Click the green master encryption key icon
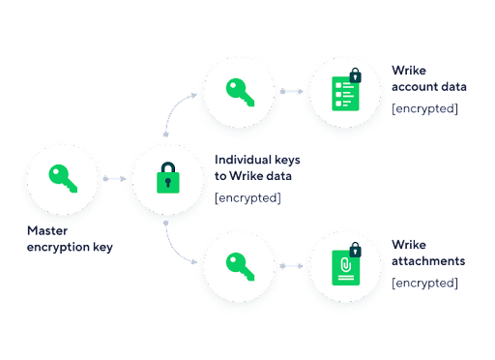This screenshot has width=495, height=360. tap(63, 178)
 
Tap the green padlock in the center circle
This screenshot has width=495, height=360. tap(168, 178)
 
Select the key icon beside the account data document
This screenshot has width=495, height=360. tap(240, 92)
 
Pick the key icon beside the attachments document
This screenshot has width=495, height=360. tap(240, 266)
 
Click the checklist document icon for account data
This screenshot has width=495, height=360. tap(345, 93)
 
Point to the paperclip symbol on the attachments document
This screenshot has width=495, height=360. tap(346, 265)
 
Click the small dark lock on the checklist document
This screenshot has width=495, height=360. tap(356, 75)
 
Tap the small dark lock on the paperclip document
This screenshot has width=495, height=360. tap(356, 250)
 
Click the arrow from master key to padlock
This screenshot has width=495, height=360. tap(114, 179)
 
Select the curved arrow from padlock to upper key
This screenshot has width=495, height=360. tap(174, 109)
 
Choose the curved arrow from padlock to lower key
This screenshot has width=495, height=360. tap(174, 247)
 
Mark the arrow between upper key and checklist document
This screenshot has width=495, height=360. tap(291, 92)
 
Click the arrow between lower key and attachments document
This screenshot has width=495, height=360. tap(291, 266)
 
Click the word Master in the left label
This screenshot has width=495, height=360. tap(47, 230)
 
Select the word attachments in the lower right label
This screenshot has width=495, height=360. tap(428, 261)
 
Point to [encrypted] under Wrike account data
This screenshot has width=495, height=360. tap(424, 108)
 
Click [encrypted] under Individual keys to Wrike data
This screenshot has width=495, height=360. tap(247, 197)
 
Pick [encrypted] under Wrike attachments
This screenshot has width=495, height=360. tap(424, 283)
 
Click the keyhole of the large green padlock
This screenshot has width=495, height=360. tap(168, 183)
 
